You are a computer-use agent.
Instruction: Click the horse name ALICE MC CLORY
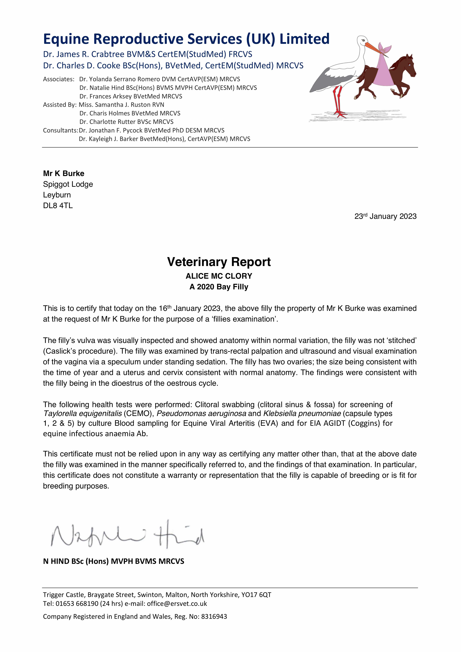click(x=219, y=276)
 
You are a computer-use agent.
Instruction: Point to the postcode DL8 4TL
click(x=58, y=206)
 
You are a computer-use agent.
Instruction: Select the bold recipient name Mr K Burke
click(x=64, y=174)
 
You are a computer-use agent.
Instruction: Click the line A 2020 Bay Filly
click(x=219, y=287)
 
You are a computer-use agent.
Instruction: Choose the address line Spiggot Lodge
click(x=68, y=184)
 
